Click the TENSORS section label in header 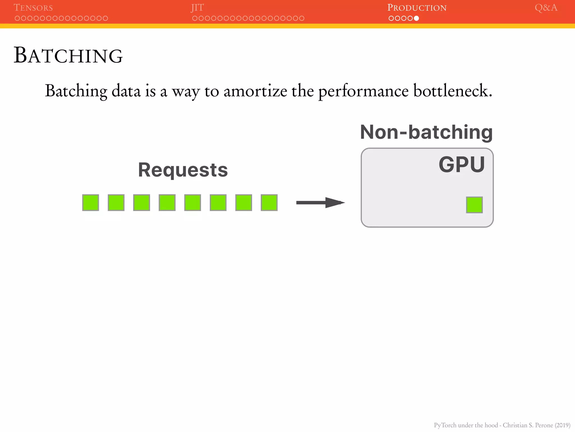click(x=33, y=8)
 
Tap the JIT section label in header click(x=197, y=8)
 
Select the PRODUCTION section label click(x=417, y=8)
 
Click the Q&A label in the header click(x=546, y=8)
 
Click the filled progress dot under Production click(x=416, y=18)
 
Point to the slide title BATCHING click(x=68, y=55)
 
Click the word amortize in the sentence click(x=255, y=91)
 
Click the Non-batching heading click(x=426, y=132)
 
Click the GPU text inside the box click(x=462, y=165)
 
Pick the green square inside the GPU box click(x=474, y=205)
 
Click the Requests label click(x=183, y=170)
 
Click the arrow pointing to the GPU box click(x=320, y=202)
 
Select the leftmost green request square click(x=91, y=202)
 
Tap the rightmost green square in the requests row click(x=269, y=202)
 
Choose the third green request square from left click(x=142, y=202)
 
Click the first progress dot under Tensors click(x=17, y=18)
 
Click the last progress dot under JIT click(x=302, y=18)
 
